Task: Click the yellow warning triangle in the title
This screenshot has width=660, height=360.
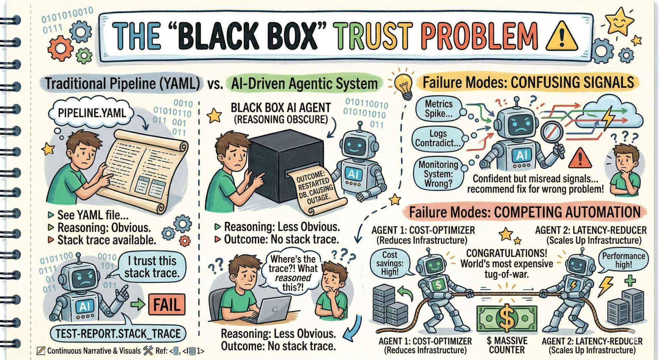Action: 561,37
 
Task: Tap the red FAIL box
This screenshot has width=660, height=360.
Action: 166,304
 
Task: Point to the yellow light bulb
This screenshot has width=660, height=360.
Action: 404,85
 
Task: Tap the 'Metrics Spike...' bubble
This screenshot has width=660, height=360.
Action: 438,109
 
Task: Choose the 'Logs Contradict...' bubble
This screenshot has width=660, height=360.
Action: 438,138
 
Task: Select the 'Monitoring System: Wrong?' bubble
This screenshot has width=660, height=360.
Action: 438,174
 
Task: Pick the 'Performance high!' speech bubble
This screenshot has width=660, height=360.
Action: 623,260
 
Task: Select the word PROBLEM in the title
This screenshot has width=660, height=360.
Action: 479,36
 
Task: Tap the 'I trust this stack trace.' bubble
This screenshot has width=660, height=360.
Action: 152,267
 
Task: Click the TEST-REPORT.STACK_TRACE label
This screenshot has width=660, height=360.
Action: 118,334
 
